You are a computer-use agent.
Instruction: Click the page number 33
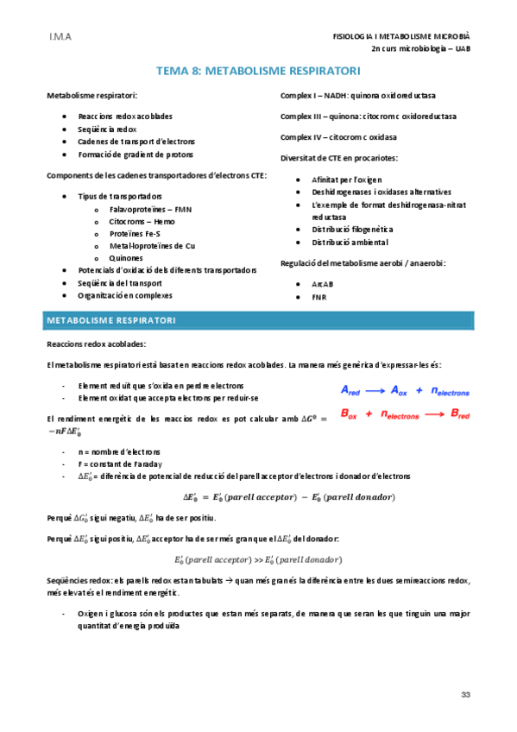point(465,695)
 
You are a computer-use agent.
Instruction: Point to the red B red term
point(461,414)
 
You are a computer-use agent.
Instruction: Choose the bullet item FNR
point(320,298)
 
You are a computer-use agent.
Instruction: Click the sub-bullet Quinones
point(127,257)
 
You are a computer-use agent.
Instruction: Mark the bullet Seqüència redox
point(107,128)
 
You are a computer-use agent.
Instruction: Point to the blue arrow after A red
point(381,389)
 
